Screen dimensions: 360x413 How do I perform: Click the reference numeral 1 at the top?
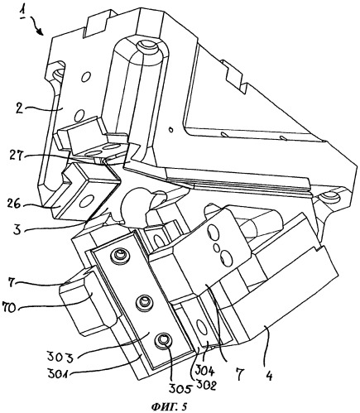pos(23,12)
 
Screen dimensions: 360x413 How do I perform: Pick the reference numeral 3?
pos(17,229)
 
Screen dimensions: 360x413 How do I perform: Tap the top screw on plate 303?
pos(119,254)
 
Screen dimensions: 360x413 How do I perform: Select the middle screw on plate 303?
pos(143,301)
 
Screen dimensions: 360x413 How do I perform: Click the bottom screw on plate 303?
pos(163,339)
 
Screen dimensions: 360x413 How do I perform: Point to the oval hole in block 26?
pos(89,202)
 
